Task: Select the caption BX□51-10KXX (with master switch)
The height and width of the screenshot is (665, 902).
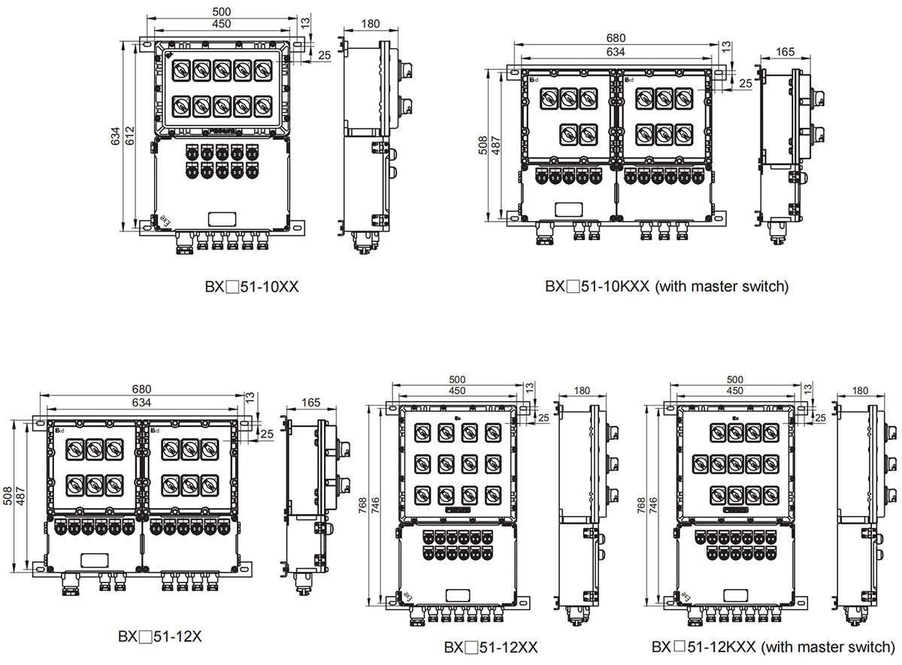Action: pyautogui.click(x=667, y=286)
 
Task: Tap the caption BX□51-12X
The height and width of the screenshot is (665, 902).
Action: pyautogui.click(x=160, y=636)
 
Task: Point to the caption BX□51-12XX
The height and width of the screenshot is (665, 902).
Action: pyautogui.click(x=490, y=647)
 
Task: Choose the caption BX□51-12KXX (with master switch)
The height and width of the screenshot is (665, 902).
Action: pyautogui.click(x=773, y=646)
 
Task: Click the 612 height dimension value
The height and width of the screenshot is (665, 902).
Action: pyautogui.click(x=130, y=135)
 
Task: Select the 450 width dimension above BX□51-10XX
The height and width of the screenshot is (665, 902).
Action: pyautogui.click(x=221, y=24)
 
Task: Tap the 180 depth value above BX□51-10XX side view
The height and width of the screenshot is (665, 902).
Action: pyautogui.click(x=370, y=23)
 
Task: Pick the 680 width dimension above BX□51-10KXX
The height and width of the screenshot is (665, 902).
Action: pyautogui.click(x=616, y=38)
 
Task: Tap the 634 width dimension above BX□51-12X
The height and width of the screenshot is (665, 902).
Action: pyautogui.click(x=142, y=402)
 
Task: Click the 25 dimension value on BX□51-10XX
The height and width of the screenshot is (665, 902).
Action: pyautogui.click(x=324, y=55)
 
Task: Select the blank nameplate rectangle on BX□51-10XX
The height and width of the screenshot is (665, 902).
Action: pyautogui.click(x=222, y=218)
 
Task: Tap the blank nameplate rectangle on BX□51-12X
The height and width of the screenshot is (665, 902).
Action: pyautogui.click(x=93, y=561)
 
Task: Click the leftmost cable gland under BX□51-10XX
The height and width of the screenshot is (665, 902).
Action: pyautogui.click(x=182, y=242)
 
